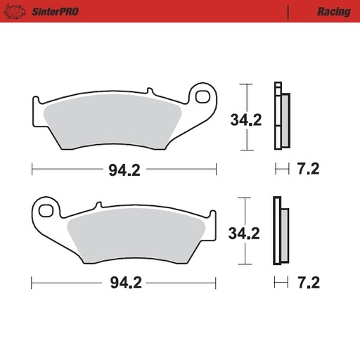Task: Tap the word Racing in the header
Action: (329, 12)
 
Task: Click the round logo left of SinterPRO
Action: (18, 12)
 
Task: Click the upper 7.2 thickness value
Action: (309, 169)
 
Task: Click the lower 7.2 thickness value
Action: (309, 283)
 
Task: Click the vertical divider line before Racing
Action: (289, 12)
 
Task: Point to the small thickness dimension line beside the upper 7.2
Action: (281, 169)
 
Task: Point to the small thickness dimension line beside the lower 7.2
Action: (281, 283)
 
